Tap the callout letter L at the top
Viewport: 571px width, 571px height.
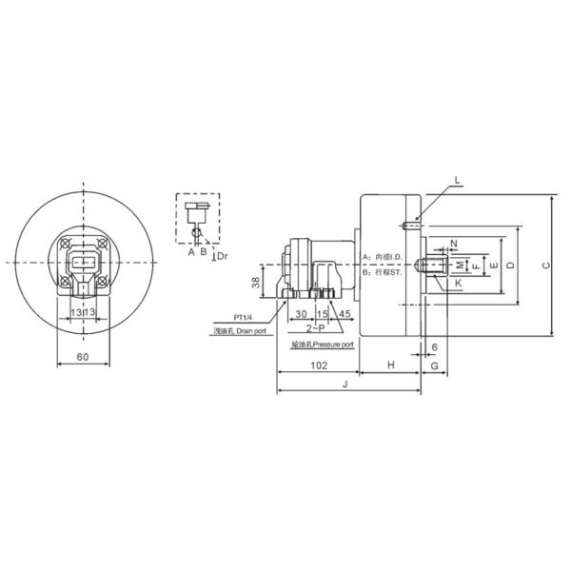click(x=457, y=180)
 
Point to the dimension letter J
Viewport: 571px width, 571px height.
click(x=345, y=384)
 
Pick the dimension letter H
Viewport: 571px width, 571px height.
click(x=389, y=365)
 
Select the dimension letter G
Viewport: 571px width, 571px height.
click(x=433, y=365)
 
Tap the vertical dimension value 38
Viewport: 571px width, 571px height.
click(x=255, y=281)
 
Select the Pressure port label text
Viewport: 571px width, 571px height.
click(x=333, y=344)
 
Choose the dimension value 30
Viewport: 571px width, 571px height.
click(x=300, y=313)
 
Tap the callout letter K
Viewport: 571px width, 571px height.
click(x=458, y=283)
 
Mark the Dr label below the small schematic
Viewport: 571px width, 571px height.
click(x=221, y=256)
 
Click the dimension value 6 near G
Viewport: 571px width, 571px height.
click(x=434, y=347)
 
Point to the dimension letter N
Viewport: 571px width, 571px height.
click(x=453, y=244)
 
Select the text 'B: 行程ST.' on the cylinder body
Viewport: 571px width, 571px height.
click(x=383, y=271)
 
